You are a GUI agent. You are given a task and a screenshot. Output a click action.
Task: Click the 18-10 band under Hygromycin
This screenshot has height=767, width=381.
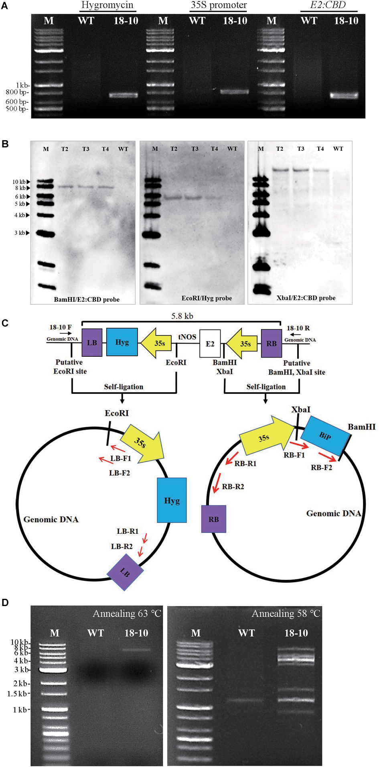(124, 95)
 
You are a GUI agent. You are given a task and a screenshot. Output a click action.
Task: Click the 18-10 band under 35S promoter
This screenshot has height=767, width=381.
(235, 92)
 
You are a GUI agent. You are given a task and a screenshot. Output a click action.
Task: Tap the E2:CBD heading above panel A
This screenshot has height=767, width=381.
(328, 5)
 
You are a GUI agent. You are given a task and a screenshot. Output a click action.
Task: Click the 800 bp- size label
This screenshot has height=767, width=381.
(17, 92)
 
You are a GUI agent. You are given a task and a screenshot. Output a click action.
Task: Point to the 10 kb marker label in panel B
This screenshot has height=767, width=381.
(19, 182)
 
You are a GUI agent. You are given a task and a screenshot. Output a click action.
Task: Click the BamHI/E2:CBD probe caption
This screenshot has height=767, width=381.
(87, 299)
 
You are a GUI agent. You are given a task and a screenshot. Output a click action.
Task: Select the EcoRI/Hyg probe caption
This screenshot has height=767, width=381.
(207, 298)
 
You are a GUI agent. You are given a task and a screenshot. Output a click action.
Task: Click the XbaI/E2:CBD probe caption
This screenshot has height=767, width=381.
(306, 298)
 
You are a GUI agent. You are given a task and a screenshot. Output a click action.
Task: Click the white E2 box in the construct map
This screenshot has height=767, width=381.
(210, 344)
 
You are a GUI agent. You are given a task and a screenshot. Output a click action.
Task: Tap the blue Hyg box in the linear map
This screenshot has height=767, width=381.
(122, 342)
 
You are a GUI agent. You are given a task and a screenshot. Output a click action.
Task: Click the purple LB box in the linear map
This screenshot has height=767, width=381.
(92, 343)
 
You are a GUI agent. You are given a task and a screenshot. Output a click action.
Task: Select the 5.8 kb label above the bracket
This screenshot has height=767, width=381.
(182, 316)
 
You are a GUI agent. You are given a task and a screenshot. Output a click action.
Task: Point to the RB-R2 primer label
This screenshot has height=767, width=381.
(233, 486)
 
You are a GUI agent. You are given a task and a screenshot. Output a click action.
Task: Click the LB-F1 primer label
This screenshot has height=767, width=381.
(121, 458)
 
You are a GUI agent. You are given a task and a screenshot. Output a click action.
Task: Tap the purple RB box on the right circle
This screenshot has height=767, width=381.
(213, 519)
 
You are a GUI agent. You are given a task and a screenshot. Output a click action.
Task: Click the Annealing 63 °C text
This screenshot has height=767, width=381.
(127, 614)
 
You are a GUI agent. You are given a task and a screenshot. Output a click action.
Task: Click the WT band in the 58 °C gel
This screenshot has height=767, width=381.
(245, 700)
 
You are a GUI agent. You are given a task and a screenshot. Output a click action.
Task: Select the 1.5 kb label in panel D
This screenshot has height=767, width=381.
(17, 694)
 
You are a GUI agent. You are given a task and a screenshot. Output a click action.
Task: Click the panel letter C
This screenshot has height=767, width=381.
(5, 323)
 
